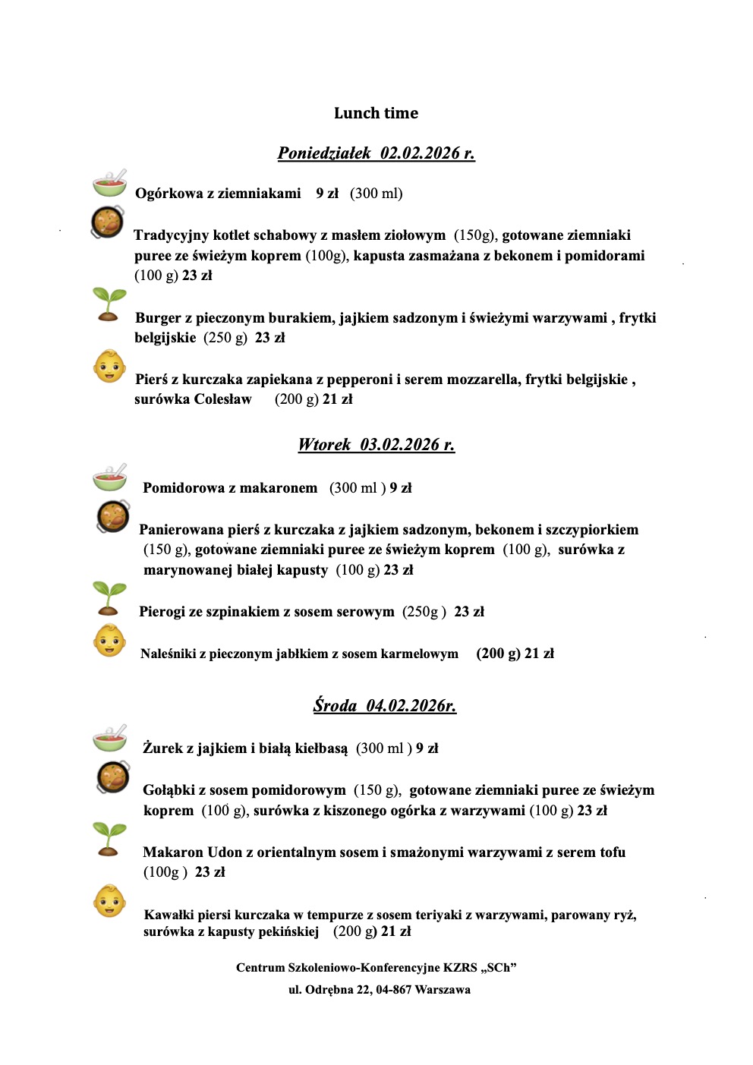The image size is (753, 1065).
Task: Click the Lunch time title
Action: click(x=376, y=113)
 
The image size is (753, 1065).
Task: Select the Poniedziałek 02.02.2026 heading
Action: click(x=376, y=153)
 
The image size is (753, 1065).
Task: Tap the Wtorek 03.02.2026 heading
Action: click(x=376, y=445)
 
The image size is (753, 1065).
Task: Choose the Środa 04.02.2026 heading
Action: click(x=384, y=706)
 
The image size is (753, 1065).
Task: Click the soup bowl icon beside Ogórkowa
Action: click(x=110, y=184)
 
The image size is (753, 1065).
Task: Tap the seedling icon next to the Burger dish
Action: click(x=109, y=304)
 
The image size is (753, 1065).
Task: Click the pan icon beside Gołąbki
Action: click(x=113, y=777)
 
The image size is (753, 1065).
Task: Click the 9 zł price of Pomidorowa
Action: click(x=401, y=488)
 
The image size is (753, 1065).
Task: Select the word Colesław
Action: click(x=223, y=399)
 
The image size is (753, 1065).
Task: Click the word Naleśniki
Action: click(x=169, y=654)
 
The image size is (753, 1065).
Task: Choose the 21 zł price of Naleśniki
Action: click(x=539, y=654)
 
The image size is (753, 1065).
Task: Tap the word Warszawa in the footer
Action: click(x=443, y=990)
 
